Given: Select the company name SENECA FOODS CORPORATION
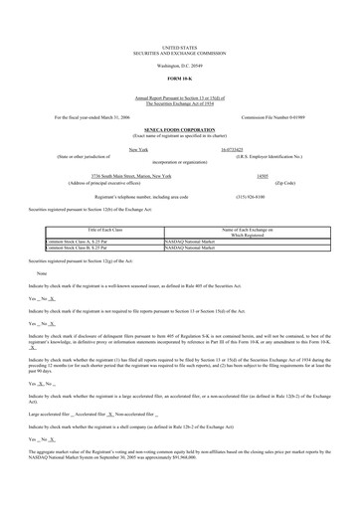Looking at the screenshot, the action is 179,129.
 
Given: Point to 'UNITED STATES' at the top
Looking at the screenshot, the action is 179,47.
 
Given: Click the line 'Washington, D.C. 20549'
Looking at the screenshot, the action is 179,65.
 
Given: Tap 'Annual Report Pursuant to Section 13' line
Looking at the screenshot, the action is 179,96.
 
